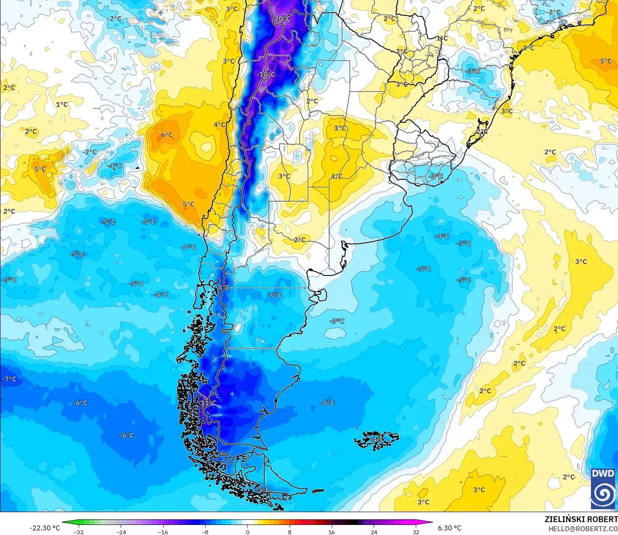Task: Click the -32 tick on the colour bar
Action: point(79,532)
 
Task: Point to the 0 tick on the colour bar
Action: point(248,532)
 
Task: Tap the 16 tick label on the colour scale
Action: point(332,532)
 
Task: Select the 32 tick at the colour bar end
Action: point(416,532)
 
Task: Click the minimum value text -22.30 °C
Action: point(45,528)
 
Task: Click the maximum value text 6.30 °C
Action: point(449,528)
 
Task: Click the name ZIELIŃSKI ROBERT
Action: point(581,519)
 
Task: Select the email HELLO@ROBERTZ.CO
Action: point(583,529)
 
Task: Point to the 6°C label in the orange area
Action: point(167,135)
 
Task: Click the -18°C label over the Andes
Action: point(266,74)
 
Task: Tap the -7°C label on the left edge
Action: point(10,379)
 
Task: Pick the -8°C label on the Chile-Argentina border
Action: point(223,287)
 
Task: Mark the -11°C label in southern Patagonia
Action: point(208,403)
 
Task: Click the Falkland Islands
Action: point(377,440)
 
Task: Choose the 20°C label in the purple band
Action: point(282,19)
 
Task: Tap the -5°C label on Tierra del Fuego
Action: point(264,490)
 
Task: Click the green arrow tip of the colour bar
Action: point(65,522)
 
